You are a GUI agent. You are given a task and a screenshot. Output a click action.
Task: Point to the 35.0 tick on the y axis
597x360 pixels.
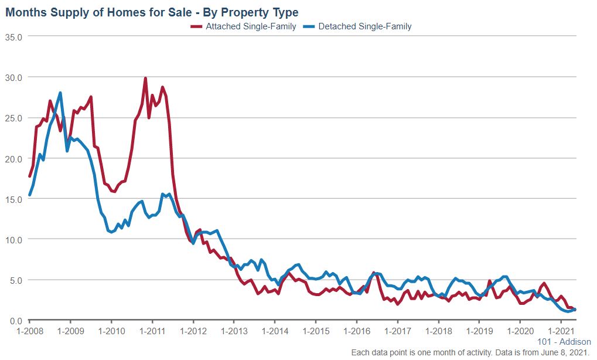coord(13,36)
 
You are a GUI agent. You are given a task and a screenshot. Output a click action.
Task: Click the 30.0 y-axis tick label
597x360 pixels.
coord(13,77)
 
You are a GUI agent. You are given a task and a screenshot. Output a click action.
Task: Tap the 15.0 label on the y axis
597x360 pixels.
coord(13,199)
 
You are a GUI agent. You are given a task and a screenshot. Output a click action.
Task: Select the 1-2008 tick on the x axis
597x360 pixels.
coord(29,331)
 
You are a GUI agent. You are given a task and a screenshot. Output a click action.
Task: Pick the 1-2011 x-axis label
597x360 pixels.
coord(152,331)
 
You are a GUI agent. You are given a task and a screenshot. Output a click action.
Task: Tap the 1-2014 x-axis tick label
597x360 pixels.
coord(275,331)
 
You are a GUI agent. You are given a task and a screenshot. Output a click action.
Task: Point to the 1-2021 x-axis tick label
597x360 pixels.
coord(561,331)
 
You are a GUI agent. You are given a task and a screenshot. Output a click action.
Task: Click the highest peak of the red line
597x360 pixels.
coord(145,78)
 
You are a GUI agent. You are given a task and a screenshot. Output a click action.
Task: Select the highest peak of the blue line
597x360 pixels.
coord(60,93)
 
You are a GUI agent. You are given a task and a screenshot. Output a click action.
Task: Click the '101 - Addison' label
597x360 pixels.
coord(564,342)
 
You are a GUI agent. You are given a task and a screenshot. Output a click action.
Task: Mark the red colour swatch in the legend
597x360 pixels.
coord(196,26)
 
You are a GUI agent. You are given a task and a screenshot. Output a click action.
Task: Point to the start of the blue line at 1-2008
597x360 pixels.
coord(29,195)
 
